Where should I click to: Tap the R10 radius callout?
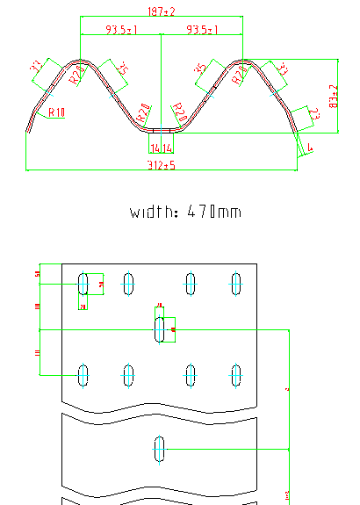coord(57,112)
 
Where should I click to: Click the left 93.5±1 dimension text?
coord(120,30)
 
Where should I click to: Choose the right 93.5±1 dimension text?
coord(202,30)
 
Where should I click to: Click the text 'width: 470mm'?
coord(185,212)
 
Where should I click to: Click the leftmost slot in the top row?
coord(83,284)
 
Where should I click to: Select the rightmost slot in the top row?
coord(236,284)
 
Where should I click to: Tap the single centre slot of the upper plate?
coord(160,329)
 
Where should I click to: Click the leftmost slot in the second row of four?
coord(83,375)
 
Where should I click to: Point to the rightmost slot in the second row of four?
coord(236,375)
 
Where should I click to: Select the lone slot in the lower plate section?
coord(160,449)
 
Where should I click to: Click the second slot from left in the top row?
coord(129,284)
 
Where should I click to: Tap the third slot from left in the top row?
coord(191,284)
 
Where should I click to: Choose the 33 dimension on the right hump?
coord(282,69)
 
